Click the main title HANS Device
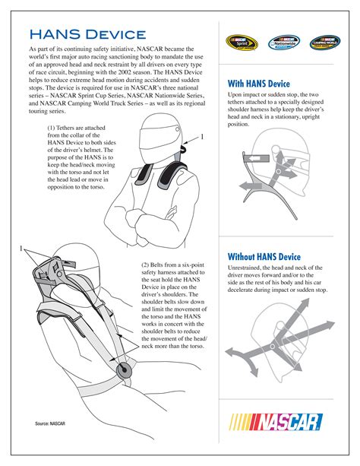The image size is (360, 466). tap(87, 33)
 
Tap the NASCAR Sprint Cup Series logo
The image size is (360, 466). tap(240, 43)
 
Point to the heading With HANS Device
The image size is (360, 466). tap(260, 84)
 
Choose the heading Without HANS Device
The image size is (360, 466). tap(264, 257)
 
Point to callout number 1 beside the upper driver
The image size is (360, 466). tap(202, 136)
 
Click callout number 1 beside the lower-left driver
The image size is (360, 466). tap(22, 249)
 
